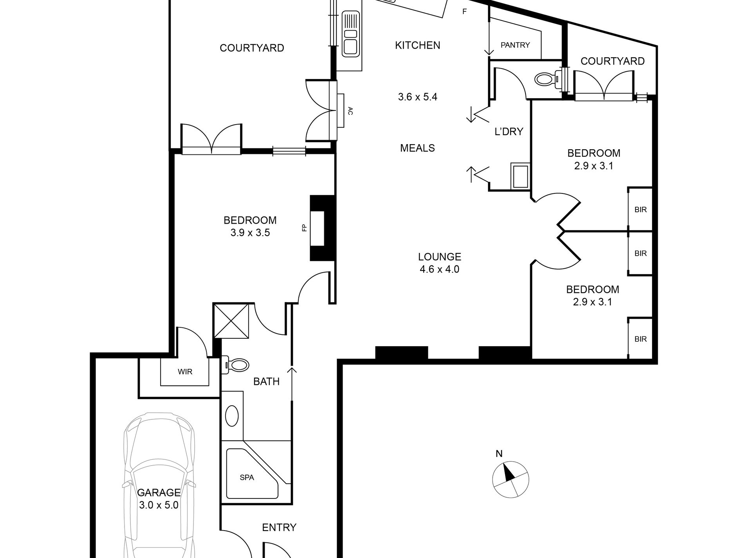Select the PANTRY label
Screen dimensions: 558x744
click(515, 45)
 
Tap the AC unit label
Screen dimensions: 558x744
click(350, 111)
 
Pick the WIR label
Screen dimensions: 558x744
click(185, 372)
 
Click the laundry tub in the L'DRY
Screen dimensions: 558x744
click(520, 176)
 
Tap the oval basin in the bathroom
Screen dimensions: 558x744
click(232, 416)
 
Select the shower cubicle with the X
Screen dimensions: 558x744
click(231, 320)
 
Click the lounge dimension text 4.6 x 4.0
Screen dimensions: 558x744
click(439, 269)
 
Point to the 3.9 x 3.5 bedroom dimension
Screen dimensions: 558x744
click(250, 233)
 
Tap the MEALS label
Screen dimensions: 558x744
click(417, 148)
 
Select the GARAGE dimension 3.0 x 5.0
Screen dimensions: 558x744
click(159, 505)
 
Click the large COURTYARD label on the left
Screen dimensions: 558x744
click(251, 48)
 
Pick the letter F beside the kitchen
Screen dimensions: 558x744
click(464, 12)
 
